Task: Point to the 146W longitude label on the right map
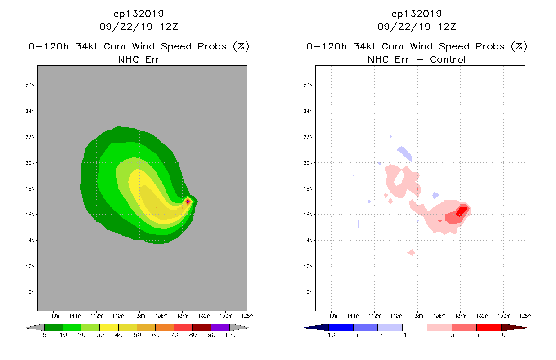point(332,315)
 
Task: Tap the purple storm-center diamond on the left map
point(188,202)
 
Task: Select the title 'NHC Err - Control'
point(417,59)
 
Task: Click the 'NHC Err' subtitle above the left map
point(139,59)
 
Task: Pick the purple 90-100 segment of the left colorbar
point(220,327)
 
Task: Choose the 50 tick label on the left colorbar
point(137,335)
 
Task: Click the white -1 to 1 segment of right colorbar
point(414,327)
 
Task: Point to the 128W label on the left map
point(247,315)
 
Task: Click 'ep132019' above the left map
point(139,13)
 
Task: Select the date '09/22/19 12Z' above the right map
point(417,27)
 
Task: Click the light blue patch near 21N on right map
point(405,153)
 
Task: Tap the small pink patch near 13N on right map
point(411,252)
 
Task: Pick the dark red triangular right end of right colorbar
point(513,327)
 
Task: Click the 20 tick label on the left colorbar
point(81,335)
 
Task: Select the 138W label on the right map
point(417,315)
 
